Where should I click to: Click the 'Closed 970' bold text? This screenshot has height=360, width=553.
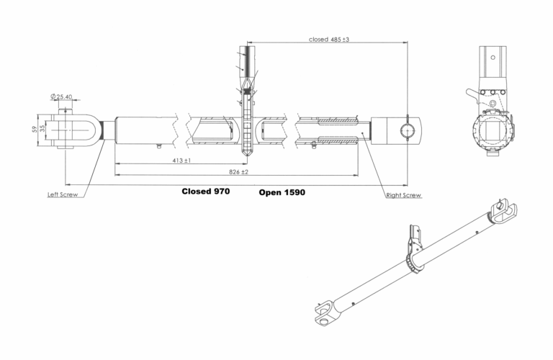[x=206, y=191]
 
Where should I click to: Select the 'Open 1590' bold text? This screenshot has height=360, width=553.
[x=282, y=192]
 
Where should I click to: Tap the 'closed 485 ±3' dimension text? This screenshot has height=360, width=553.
[x=328, y=40]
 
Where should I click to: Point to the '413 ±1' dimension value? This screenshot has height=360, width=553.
[x=181, y=161]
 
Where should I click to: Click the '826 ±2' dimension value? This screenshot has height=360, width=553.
[x=239, y=171]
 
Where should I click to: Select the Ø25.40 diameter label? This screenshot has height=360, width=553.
[x=61, y=96]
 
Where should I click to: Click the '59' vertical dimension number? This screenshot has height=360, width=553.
[x=35, y=130]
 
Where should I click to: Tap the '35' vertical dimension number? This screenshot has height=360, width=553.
[x=42, y=129]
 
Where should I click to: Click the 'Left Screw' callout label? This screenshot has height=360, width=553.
[x=63, y=194]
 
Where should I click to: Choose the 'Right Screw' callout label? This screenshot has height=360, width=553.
[x=404, y=195]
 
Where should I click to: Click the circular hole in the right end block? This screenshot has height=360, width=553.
[x=408, y=130]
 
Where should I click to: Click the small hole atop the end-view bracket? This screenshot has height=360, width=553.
[x=493, y=58]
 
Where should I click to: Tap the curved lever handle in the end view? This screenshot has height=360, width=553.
[x=472, y=94]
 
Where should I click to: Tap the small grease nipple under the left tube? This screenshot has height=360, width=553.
[x=159, y=145]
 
